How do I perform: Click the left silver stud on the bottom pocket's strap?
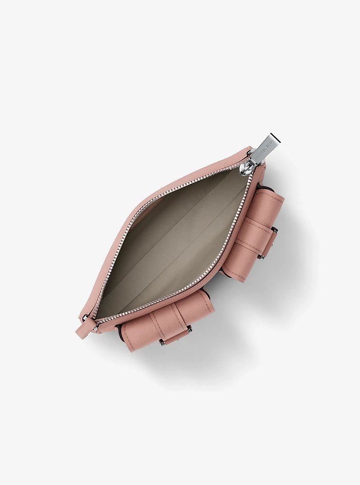(x=162, y=343)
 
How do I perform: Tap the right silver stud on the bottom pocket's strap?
(x=189, y=330)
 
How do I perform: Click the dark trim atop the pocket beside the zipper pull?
(x=265, y=186)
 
